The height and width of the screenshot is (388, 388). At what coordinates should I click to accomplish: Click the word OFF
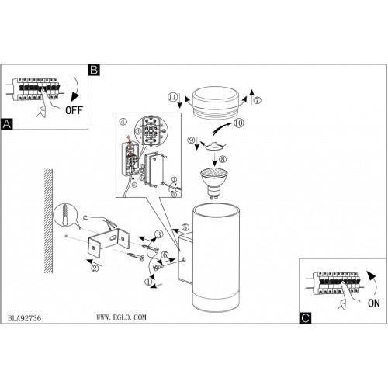tap(74, 110)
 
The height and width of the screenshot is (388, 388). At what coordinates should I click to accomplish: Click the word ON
tap(374, 303)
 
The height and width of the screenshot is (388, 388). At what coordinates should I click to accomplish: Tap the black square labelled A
tap(6, 124)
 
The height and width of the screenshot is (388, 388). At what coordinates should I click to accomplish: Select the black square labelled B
tap(94, 70)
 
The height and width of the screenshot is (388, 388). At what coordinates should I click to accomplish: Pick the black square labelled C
tap(305, 318)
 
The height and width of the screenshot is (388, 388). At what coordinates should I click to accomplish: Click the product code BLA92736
tap(24, 318)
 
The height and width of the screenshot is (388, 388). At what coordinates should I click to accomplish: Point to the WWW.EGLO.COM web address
tap(121, 317)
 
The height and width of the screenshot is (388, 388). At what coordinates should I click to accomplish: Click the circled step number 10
tap(238, 123)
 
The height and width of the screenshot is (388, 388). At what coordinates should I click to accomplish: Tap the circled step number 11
tap(173, 98)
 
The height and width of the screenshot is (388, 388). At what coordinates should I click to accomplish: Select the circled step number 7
tap(257, 100)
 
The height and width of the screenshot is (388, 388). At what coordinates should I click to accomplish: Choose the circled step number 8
tap(223, 159)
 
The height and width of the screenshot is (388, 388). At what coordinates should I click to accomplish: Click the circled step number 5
tap(185, 227)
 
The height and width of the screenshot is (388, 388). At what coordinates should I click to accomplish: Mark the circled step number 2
tap(95, 268)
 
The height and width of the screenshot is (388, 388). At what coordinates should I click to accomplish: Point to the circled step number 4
tap(123, 122)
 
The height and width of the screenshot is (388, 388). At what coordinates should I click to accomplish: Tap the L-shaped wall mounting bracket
tap(109, 242)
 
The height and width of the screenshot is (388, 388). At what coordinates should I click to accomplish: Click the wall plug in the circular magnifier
tap(64, 214)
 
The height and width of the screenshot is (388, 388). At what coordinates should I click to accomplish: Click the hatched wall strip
tap(48, 221)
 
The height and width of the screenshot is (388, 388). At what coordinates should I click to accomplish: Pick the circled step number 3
tap(159, 234)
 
